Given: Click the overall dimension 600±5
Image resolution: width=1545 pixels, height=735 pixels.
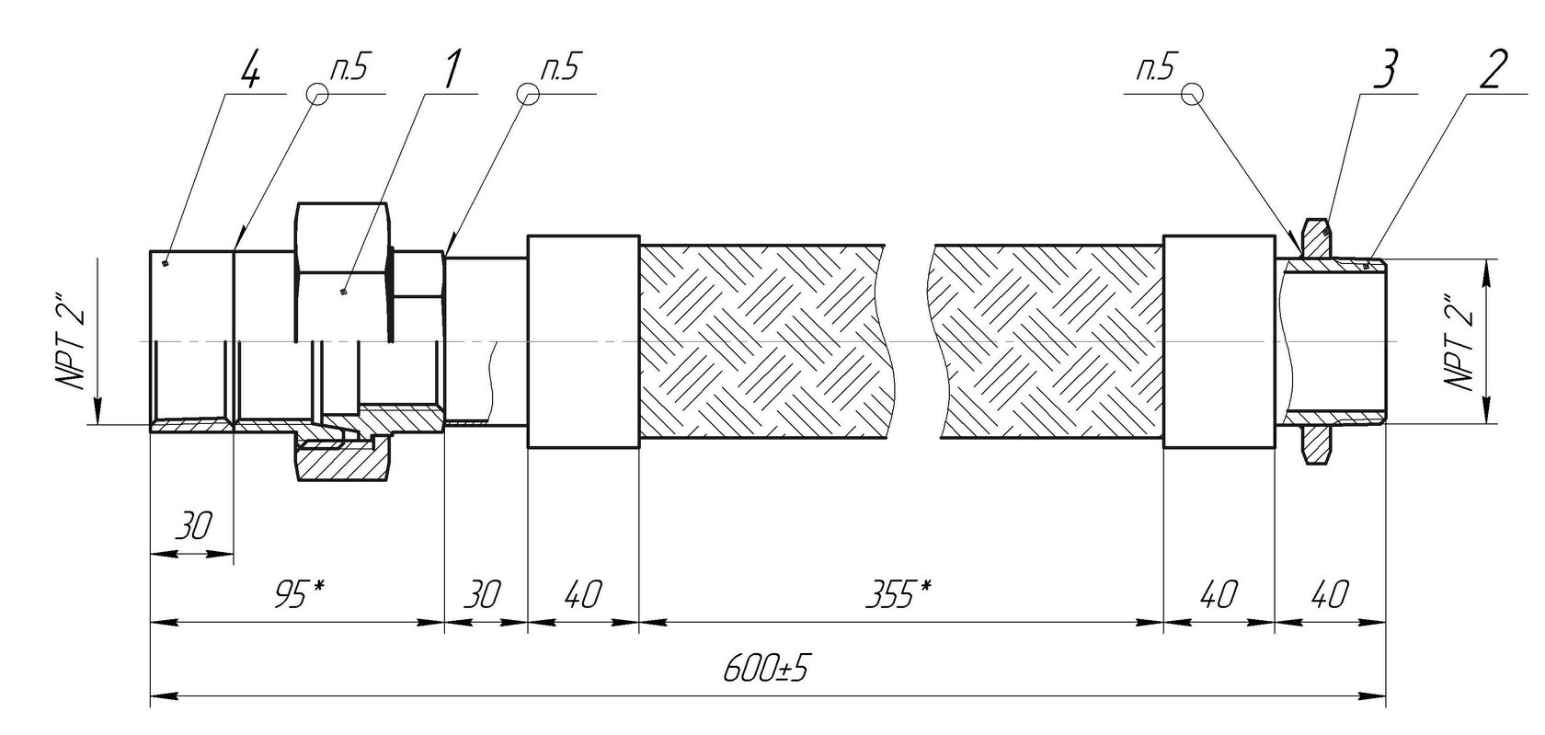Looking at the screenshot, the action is click(765, 668).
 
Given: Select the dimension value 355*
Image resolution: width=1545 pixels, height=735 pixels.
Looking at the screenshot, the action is click(898, 594).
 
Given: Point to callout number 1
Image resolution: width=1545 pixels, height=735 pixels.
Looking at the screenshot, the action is click(451, 70).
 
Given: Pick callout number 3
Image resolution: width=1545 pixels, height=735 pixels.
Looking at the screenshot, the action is click(1384, 71).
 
